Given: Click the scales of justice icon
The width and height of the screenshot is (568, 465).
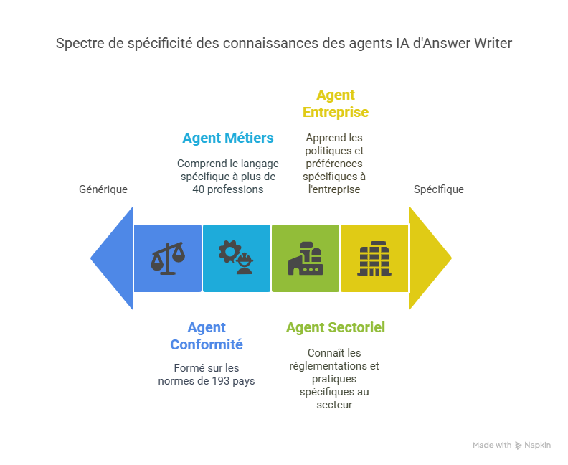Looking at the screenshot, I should (167, 258).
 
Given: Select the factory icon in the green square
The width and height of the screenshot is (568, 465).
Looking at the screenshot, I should (306, 258).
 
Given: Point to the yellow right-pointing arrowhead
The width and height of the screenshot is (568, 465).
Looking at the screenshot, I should (429, 258).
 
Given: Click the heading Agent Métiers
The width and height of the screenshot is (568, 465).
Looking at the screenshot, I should (228, 138).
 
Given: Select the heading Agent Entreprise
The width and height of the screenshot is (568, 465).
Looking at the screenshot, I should (336, 103).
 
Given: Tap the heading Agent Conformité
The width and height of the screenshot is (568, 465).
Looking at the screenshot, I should (207, 336).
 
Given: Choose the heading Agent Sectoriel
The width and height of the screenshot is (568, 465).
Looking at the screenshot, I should (336, 327).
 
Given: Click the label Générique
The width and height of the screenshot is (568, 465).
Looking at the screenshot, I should (103, 189).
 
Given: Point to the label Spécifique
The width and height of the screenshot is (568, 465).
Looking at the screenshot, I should (439, 189).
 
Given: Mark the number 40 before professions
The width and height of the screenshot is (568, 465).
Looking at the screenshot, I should (198, 189).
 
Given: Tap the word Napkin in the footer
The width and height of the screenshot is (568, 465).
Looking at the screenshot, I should (537, 445).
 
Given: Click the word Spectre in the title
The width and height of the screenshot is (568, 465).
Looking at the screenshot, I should (77, 44).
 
